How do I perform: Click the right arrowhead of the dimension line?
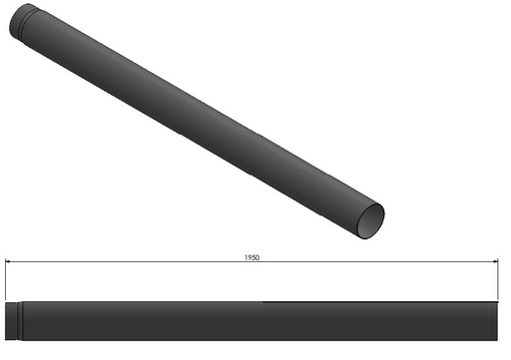[x=496, y=262]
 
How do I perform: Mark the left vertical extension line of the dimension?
[x=6, y=279]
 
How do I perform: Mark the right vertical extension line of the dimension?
[x=499, y=279]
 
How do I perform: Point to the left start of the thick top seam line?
[x=263, y=302]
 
